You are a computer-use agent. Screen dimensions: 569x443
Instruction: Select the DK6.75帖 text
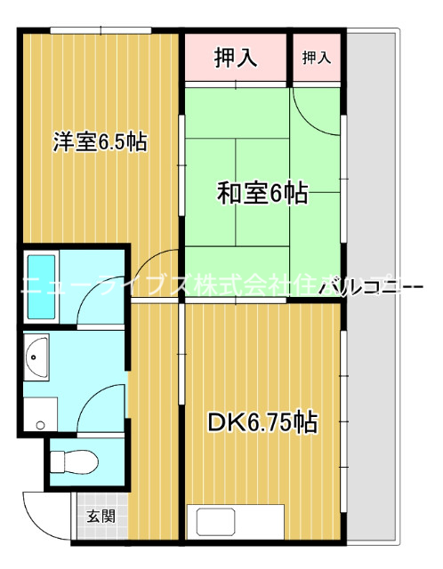(x=263, y=421)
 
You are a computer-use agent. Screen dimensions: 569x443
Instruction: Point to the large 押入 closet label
(x=236, y=59)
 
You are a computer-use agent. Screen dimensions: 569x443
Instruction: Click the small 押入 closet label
(x=316, y=59)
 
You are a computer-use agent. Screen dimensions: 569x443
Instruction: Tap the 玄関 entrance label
(x=99, y=515)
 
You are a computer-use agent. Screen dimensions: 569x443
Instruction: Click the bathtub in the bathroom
(x=42, y=286)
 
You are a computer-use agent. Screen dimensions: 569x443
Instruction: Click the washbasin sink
(x=36, y=357)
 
